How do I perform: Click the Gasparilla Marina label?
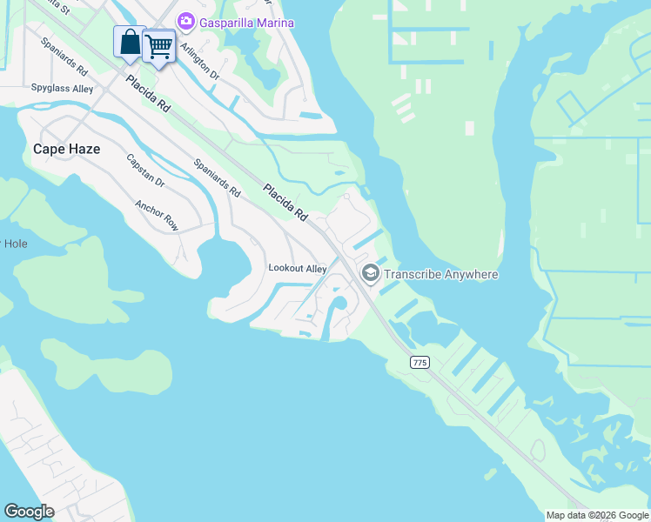tap(246, 23)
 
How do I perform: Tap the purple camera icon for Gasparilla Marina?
tap(185, 21)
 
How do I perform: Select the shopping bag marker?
tap(130, 43)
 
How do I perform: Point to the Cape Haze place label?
tap(66, 149)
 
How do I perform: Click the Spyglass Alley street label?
tap(62, 89)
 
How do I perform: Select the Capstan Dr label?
tap(145, 171)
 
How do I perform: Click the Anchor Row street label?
tap(157, 216)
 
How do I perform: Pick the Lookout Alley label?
tap(297, 269)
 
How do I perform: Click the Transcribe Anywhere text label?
tap(441, 275)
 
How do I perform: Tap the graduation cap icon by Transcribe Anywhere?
tap(370, 274)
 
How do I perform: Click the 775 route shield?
tap(420, 361)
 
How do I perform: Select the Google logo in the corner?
tap(29, 511)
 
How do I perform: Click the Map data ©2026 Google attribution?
tap(597, 515)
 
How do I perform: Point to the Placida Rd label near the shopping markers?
tap(148, 93)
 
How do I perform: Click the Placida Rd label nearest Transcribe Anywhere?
tap(286, 201)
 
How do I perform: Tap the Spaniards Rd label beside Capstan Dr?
tap(217, 177)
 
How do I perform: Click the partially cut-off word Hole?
tap(15, 244)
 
